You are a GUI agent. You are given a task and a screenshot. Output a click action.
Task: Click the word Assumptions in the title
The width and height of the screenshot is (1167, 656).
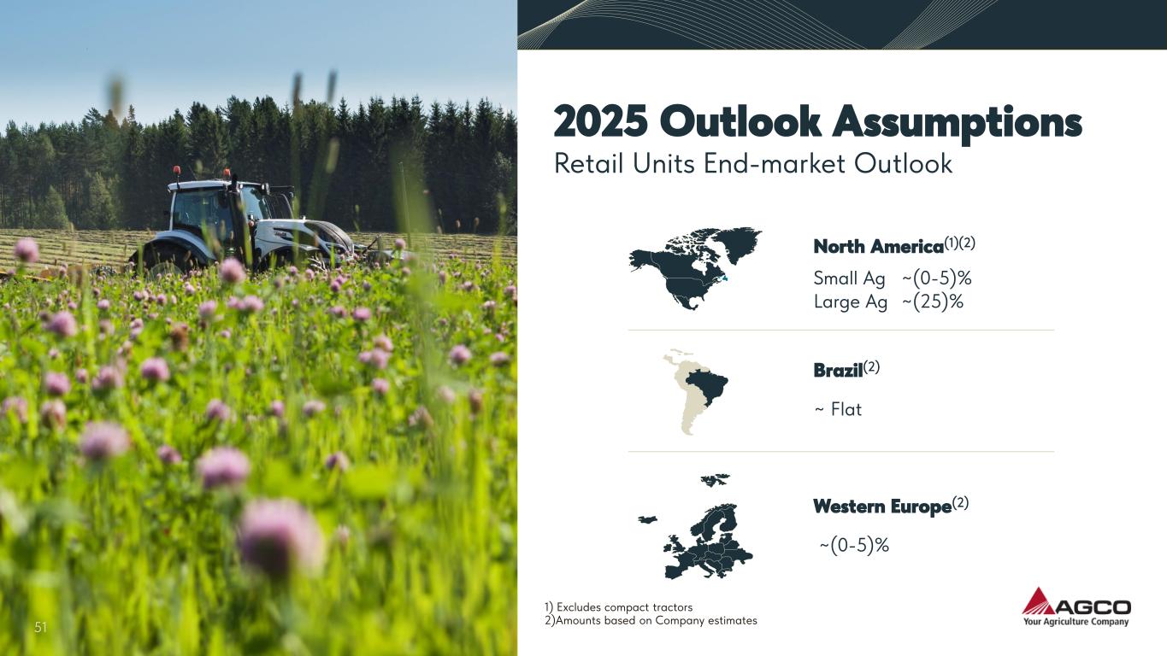957,123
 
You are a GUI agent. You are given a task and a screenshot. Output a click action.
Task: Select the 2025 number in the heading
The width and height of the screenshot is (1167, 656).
600,120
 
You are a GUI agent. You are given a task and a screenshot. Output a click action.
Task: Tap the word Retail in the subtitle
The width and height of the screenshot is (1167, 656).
589,163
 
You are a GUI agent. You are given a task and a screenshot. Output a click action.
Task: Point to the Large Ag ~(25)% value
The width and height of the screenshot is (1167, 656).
889,302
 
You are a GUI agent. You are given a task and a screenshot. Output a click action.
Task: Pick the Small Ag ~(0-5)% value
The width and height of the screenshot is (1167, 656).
893,278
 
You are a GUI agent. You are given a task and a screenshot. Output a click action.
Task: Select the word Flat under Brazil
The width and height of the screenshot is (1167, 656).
846,410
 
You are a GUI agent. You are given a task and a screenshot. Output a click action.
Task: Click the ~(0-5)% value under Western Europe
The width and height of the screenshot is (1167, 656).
854,545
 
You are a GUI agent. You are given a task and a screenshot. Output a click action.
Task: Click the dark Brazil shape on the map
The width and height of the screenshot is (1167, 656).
709,387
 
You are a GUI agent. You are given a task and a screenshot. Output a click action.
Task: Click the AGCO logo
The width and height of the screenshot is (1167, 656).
1076,607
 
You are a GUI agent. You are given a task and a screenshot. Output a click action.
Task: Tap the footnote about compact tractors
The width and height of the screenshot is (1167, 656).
618,607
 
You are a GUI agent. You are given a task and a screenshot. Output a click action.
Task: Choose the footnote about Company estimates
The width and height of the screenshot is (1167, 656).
651,621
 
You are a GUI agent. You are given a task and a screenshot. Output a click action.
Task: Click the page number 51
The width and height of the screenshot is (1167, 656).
41,627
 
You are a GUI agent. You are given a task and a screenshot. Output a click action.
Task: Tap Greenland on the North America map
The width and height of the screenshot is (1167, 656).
734,243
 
